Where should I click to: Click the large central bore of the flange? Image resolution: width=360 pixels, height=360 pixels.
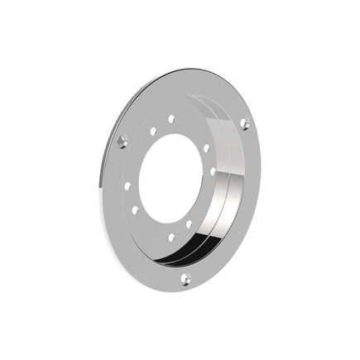coord(170,177)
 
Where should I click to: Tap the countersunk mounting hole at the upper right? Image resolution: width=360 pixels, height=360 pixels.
coord(244,123)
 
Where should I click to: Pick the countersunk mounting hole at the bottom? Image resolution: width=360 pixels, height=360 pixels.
coord(185,279)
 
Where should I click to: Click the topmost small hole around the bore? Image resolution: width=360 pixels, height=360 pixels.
coord(171,119)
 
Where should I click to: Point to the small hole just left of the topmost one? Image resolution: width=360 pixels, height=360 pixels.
coord(153,131)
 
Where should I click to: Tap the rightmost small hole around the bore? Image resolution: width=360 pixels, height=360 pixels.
coord(213,171)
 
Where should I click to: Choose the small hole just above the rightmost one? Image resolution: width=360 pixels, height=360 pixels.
coord(206,148)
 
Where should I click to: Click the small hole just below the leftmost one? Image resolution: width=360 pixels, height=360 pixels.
coord(135,209)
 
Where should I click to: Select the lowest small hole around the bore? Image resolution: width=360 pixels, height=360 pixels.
coord(171,238)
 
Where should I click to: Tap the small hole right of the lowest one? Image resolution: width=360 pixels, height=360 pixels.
coord(189,223)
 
